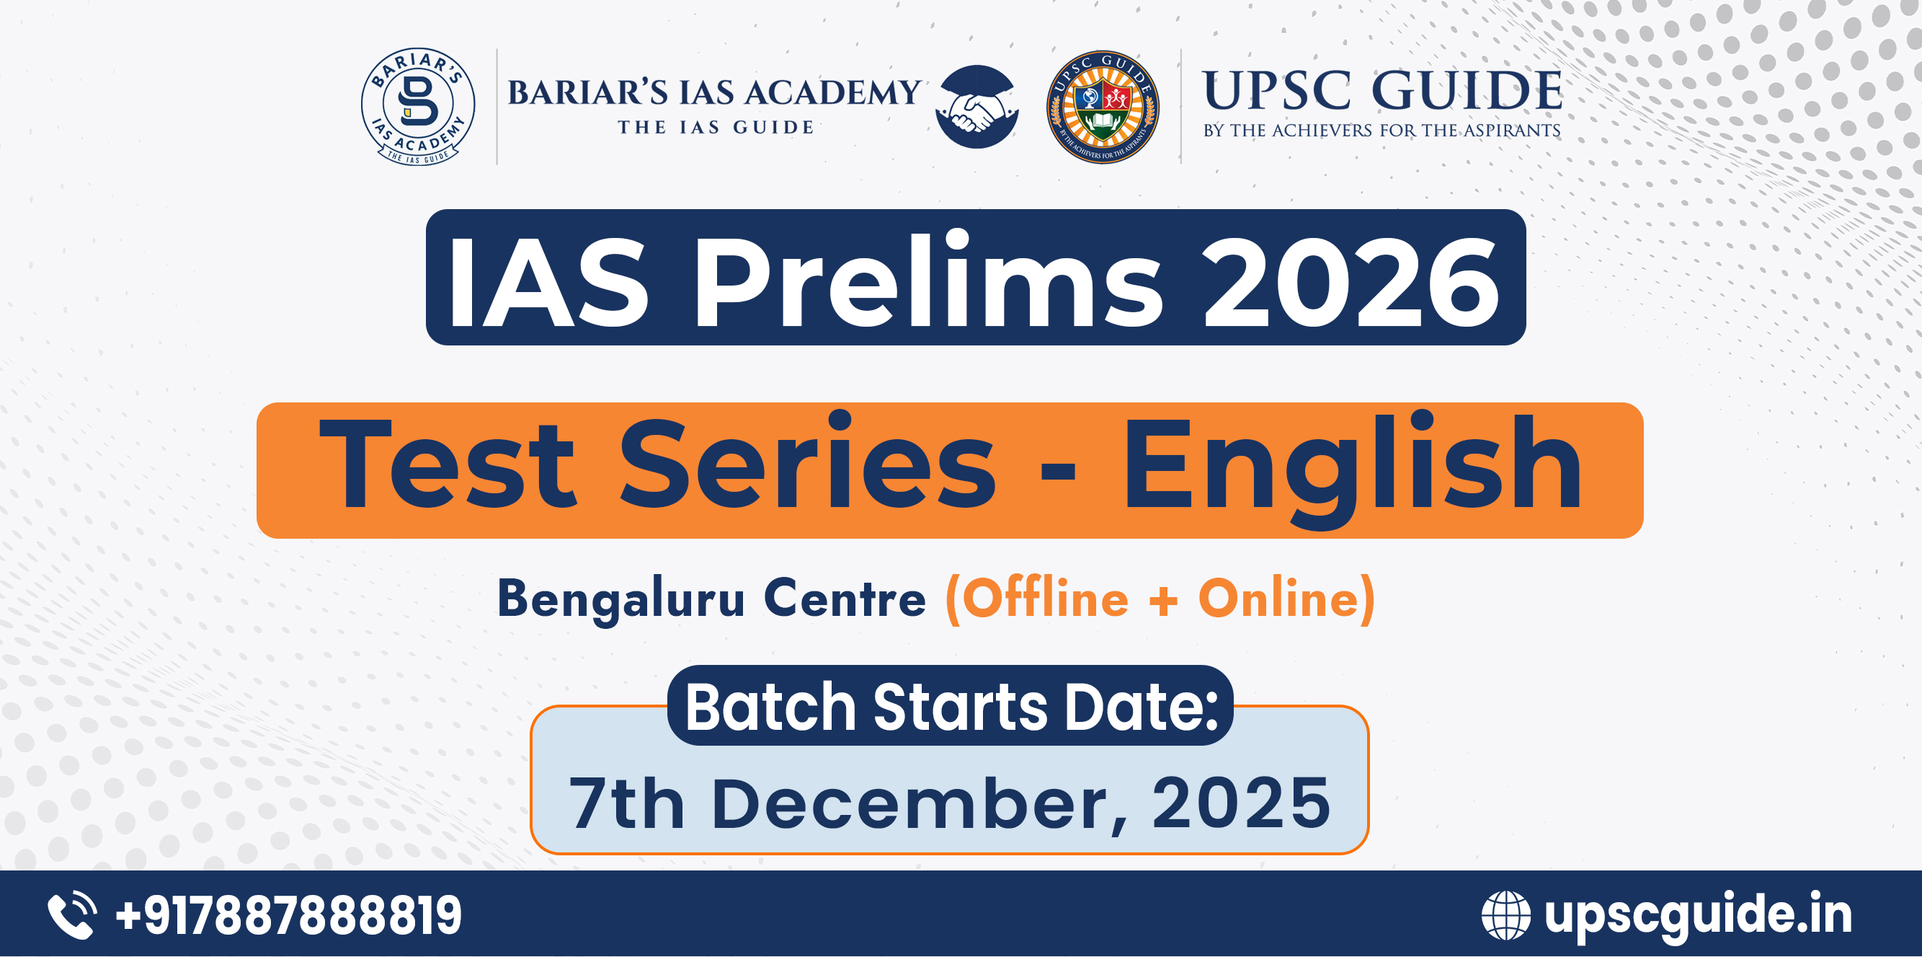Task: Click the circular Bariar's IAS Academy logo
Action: (x=418, y=106)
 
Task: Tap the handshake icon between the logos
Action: (x=976, y=106)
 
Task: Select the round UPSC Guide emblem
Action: (x=1103, y=107)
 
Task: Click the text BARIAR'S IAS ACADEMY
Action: (x=714, y=92)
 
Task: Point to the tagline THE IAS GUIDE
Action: (x=716, y=128)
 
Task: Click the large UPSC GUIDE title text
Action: (x=1382, y=91)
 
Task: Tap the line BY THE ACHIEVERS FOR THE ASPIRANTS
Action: (x=1382, y=131)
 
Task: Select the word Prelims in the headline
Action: (x=928, y=279)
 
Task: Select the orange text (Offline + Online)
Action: (x=1160, y=599)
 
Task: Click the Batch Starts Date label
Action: (x=951, y=706)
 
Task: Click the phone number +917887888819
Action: (x=289, y=915)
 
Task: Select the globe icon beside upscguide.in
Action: (x=1505, y=915)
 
